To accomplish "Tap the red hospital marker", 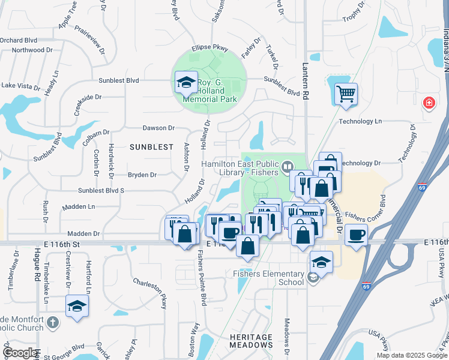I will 429,103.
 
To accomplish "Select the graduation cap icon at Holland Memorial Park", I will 186,82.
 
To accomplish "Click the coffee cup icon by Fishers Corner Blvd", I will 356,235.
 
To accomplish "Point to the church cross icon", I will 53,322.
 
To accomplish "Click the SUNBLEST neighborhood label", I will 151,147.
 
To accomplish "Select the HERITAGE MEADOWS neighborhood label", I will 251,341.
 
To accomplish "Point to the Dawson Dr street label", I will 158,128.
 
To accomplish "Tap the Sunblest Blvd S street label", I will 101,190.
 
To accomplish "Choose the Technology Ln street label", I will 360,121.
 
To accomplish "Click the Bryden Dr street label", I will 142,175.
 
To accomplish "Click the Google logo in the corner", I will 20,353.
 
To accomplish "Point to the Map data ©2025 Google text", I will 411,355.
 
